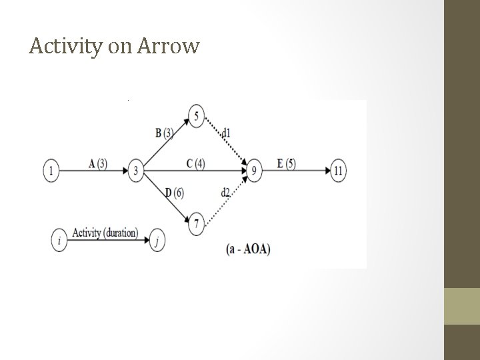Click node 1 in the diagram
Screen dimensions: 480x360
[51, 171]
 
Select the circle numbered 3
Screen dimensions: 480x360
[136, 171]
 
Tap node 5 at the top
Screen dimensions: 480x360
[196, 116]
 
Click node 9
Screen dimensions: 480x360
[253, 171]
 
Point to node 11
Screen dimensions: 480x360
[339, 171]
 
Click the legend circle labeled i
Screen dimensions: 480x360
[60, 241]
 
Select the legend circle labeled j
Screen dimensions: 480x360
[156, 241]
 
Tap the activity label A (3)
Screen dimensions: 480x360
[97, 163]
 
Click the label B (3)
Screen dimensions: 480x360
[164, 133]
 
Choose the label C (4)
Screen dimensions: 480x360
[195, 163]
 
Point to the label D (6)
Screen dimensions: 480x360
[173, 193]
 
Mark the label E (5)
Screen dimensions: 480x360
[287, 163]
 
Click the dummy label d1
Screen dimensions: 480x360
[227, 133]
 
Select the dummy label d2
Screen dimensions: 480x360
[225, 193]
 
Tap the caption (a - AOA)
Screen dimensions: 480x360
[249, 249]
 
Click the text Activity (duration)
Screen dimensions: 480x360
[105, 233]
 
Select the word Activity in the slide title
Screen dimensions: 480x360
[63, 47]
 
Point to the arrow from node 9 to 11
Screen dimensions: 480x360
[297, 171]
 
